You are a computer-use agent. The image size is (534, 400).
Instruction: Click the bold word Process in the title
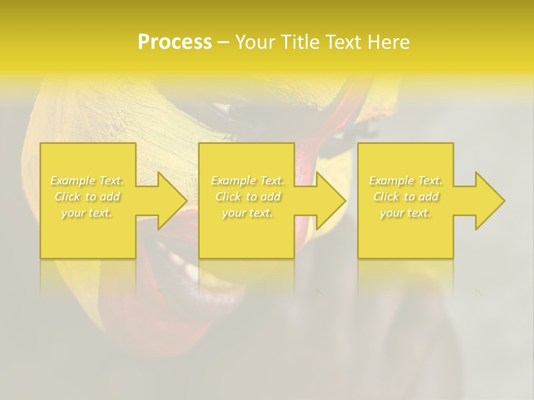[175, 42]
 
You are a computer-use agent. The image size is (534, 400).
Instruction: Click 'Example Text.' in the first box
[87, 181]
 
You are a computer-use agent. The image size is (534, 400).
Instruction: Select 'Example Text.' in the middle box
[248, 181]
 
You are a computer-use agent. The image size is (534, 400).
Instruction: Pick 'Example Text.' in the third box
[406, 181]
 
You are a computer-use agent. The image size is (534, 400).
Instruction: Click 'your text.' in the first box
[87, 213]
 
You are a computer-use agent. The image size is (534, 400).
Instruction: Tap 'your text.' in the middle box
[248, 213]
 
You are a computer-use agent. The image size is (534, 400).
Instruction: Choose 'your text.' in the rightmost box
[406, 213]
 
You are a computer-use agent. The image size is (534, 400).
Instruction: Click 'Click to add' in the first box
[87, 197]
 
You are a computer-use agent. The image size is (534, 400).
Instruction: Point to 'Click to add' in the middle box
[248, 197]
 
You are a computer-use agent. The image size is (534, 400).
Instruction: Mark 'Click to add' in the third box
[406, 197]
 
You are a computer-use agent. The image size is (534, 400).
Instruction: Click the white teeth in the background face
[184, 267]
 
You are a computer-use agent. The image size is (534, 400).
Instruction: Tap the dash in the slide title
[223, 43]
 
